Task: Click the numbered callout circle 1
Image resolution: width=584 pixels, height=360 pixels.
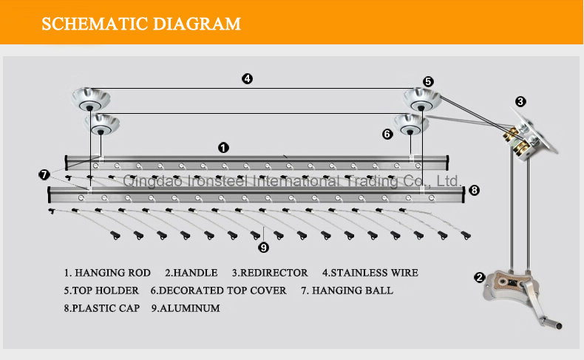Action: point(223,148)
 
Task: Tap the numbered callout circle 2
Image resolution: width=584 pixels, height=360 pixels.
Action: point(479,277)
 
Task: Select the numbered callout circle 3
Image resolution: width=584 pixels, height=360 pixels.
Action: point(520,101)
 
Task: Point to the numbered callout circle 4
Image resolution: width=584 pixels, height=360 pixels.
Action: point(247,78)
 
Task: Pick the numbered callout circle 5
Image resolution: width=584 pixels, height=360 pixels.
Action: point(428,81)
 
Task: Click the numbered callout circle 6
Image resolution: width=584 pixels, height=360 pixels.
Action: point(387,134)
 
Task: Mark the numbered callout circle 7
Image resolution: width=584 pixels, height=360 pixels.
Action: point(44,174)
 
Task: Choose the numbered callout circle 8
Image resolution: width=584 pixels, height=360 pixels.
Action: point(474,190)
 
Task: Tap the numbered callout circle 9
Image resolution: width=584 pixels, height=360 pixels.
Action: point(264,247)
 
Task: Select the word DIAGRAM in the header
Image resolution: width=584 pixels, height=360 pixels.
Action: point(197,24)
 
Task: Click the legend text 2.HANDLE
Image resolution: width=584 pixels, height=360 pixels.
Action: point(191,273)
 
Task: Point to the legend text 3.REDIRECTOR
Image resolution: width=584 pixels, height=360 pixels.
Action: point(270,273)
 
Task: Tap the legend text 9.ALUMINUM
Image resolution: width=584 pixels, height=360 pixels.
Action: point(186,308)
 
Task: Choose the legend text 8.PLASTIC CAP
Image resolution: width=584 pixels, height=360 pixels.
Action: point(102,308)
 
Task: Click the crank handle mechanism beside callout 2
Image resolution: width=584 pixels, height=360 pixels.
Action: point(521,295)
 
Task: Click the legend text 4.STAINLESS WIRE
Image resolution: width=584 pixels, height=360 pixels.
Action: point(370,273)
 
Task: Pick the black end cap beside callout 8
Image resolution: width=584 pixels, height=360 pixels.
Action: point(464,194)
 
